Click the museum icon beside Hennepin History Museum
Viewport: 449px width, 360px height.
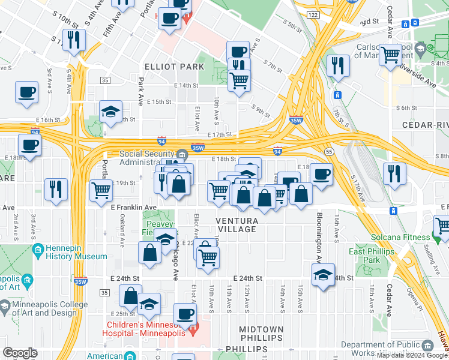[x=38, y=249]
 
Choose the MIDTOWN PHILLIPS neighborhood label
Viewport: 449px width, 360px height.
[x=261, y=334]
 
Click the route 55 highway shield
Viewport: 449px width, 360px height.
[x=329, y=152]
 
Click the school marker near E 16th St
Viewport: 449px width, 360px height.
[x=110, y=112]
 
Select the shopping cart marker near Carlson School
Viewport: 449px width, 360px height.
[x=391, y=55]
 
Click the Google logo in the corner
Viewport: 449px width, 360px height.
[x=20, y=353]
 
